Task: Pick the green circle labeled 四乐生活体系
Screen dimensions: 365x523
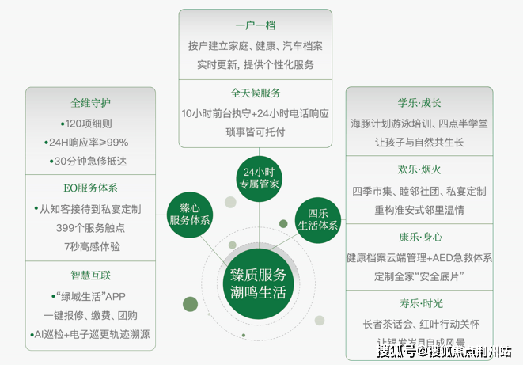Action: (x=317, y=219)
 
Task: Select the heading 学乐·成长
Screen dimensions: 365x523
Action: (x=419, y=103)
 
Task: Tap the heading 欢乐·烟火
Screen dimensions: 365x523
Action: (x=419, y=170)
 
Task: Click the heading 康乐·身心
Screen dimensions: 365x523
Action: (x=419, y=237)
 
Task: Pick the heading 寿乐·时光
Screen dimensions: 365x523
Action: (x=419, y=303)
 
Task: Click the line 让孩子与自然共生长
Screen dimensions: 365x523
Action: (x=419, y=143)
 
